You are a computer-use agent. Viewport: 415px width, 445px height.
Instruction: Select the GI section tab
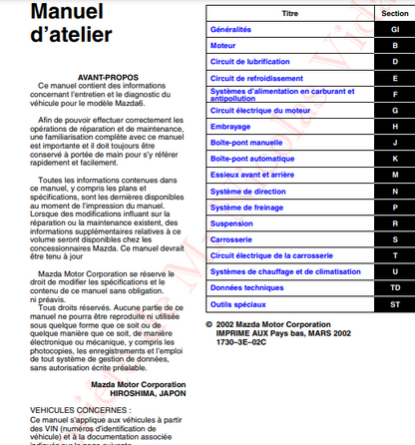point(394,30)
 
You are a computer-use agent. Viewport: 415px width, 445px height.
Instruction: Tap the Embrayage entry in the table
point(230,127)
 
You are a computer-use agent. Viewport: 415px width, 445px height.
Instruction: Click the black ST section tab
point(394,303)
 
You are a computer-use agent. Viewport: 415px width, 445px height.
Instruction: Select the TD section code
point(394,287)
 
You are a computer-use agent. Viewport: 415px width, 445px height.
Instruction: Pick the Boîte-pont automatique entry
point(253,159)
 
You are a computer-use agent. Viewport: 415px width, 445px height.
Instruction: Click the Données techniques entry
point(248,287)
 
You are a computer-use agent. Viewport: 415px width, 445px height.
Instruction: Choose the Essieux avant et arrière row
point(255,175)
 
